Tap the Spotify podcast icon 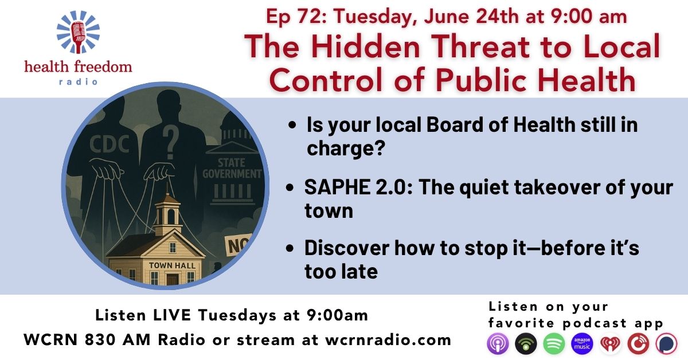[x=554, y=343]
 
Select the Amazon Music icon [x=583, y=343]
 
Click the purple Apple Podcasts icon [x=498, y=343]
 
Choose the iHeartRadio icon [x=611, y=343]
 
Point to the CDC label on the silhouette [x=110, y=144]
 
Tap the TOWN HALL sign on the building [x=172, y=265]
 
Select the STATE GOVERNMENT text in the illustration [x=232, y=168]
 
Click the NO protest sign [x=239, y=245]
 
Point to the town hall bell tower [x=167, y=213]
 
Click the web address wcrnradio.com [x=388, y=340]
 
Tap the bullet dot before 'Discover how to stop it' [x=290, y=248]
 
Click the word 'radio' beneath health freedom [x=79, y=82]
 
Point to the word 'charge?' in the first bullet [x=346, y=148]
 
